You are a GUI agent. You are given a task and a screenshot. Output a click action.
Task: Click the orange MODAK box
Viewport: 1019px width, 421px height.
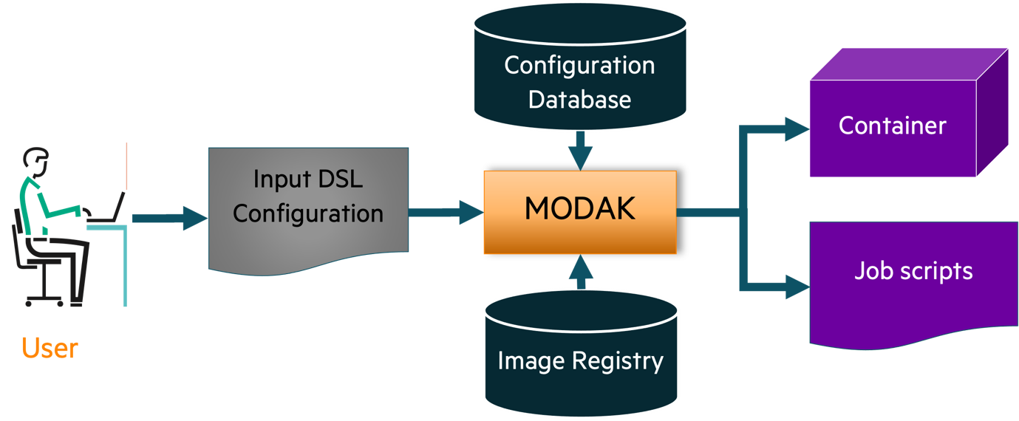[580, 212]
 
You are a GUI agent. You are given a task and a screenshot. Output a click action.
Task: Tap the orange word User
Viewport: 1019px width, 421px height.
[50, 349]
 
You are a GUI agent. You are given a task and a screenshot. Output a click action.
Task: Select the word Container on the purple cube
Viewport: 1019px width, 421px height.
[892, 126]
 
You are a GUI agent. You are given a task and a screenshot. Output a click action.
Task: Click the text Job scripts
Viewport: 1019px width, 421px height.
[913, 271]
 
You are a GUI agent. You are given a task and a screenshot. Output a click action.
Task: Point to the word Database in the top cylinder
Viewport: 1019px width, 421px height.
[579, 100]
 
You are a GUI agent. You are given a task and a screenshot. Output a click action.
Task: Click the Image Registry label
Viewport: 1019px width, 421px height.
[581, 362]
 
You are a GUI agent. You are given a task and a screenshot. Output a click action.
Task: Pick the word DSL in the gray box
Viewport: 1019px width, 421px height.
[340, 179]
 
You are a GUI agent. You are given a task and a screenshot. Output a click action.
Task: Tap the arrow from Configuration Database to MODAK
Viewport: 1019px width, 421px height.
[581, 151]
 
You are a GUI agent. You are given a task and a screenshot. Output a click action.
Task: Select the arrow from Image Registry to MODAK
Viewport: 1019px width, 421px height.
[581, 272]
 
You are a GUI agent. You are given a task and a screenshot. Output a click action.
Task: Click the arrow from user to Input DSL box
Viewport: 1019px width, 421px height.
[170, 218]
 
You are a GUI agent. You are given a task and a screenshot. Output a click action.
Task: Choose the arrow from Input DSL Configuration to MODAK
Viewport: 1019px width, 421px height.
[446, 212]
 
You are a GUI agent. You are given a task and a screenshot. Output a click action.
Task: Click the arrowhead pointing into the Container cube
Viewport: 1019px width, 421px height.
[797, 129]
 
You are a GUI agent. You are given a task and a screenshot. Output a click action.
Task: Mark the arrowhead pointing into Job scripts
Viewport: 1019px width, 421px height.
[797, 287]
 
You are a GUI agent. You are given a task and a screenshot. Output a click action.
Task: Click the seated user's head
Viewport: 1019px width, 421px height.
[36, 162]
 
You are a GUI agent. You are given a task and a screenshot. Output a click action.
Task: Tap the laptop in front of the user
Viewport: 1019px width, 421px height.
[107, 208]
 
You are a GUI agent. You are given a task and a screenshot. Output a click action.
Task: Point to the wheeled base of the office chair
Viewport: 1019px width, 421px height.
[44, 301]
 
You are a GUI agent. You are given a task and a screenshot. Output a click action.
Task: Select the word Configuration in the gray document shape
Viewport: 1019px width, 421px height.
[308, 213]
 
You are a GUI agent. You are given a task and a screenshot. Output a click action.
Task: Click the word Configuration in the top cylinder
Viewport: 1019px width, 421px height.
[579, 66]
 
